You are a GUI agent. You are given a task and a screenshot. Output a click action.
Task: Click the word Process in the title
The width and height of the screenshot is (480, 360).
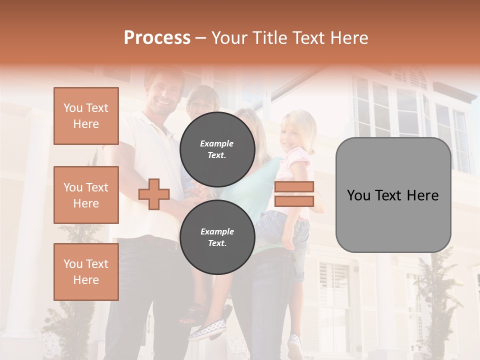point(157,38)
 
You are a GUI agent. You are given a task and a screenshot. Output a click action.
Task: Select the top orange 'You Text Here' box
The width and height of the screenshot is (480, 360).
point(86,116)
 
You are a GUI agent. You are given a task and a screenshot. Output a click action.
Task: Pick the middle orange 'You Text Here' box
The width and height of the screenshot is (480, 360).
point(86,195)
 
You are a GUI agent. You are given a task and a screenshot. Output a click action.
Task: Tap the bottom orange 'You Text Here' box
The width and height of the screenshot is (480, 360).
point(86,271)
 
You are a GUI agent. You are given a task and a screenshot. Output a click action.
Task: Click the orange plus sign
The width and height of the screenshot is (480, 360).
point(154,193)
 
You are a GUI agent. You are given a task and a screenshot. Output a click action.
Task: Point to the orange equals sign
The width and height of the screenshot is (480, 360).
point(294,194)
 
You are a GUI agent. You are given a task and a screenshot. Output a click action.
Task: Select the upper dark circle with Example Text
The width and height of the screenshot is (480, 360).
point(217,149)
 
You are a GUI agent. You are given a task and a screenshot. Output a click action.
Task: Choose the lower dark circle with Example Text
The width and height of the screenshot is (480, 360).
point(217,237)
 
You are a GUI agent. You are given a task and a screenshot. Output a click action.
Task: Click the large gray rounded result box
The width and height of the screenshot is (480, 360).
point(393,195)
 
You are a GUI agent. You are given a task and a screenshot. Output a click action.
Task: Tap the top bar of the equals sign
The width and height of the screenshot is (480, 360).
point(294,187)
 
